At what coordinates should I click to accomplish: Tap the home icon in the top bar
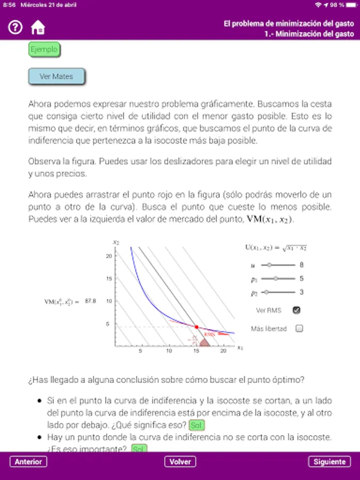(38, 28)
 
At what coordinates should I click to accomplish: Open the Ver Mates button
(56, 77)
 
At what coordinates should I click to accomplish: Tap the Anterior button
(28, 462)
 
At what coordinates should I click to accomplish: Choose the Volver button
(180, 462)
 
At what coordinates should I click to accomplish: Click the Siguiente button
(330, 462)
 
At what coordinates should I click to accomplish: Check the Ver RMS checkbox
(297, 310)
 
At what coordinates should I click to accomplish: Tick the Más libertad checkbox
(299, 329)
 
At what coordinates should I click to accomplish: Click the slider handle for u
(270, 265)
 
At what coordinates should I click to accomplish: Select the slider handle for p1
(276, 278)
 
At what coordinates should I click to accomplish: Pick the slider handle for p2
(267, 292)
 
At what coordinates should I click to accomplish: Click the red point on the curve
(196, 326)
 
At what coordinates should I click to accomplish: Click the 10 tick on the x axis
(169, 351)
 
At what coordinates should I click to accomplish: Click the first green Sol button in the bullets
(197, 425)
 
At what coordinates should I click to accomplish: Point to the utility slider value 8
(301, 265)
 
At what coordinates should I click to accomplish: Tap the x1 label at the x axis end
(240, 348)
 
